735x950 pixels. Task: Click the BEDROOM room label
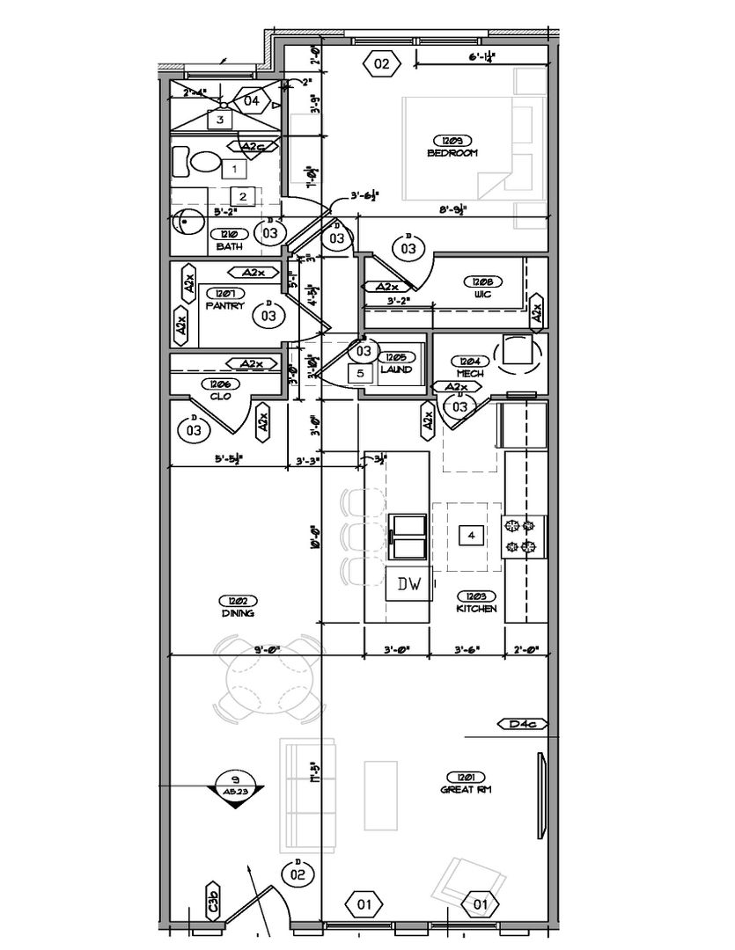point(452,152)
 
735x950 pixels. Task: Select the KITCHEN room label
point(476,608)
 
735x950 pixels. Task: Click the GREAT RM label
point(465,789)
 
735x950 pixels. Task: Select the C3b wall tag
point(213,902)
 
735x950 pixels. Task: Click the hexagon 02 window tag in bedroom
point(381,63)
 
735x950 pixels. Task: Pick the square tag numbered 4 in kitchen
point(472,535)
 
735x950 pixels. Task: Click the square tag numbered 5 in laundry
point(359,373)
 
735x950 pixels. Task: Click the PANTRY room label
point(224,305)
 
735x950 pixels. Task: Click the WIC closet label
point(481,294)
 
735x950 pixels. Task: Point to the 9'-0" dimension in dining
point(266,649)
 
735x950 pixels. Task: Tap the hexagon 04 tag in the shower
point(251,101)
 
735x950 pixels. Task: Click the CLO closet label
point(219,396)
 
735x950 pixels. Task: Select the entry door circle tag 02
point(298,873)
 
